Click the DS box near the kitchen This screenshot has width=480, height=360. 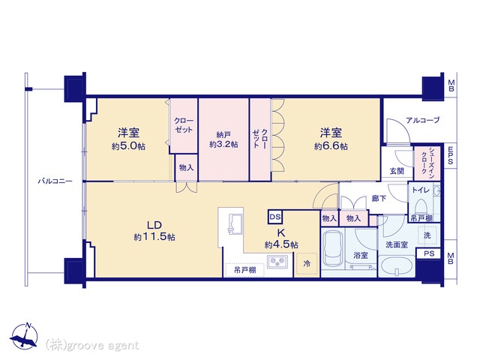pos(275,217)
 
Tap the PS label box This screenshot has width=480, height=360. pos(429,253)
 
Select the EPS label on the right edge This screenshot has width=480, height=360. pos(450,155)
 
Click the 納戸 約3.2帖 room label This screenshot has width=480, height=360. pos(223,139)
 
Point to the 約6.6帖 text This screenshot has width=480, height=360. pos(331,146)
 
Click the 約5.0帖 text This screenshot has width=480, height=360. pos(128,146)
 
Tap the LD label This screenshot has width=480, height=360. pos(154,225)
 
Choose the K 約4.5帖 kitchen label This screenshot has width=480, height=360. pos(281,238)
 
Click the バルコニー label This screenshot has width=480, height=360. pos(55,181)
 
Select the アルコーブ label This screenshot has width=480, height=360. pos(423,120)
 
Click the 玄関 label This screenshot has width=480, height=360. pos(397,171)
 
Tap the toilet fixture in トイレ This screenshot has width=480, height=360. pos(421,205)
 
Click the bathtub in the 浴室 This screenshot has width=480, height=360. pos(333,250)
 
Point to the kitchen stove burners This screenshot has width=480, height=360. pos(277,262)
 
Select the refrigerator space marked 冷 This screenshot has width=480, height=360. pos(307,263)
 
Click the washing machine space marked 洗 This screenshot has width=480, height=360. pos(428,235)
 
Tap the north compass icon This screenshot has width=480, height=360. pos(25,336)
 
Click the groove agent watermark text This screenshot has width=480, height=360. pos(91,345)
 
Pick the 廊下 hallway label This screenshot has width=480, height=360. pos(379,199)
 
